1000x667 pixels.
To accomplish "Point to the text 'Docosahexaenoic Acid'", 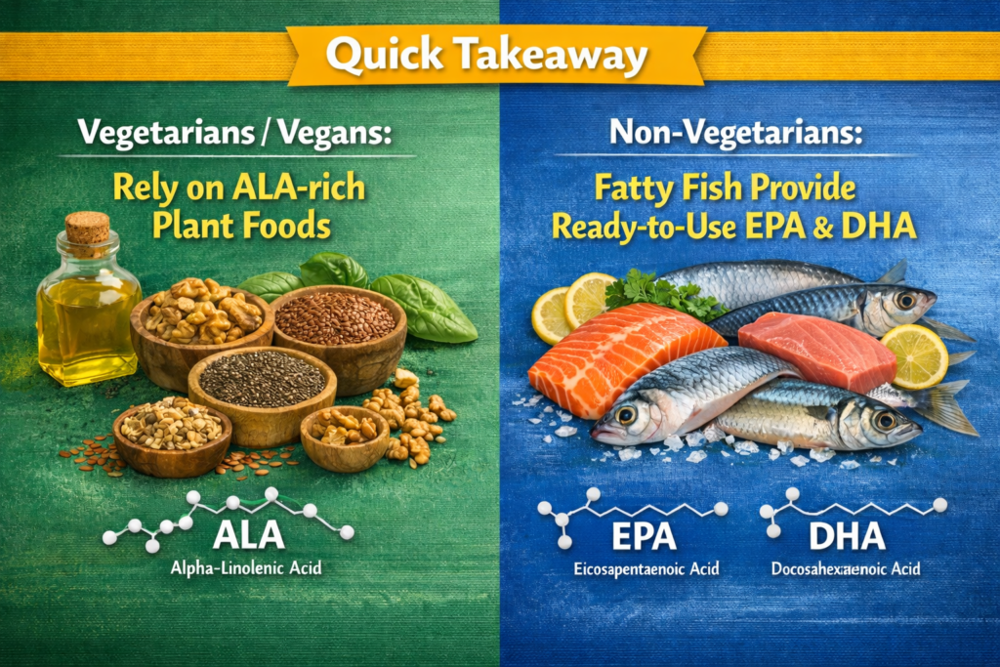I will [846, 568].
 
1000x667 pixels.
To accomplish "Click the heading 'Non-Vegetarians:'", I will [736, 133].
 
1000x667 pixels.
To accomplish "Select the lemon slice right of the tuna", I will [914, 356].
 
